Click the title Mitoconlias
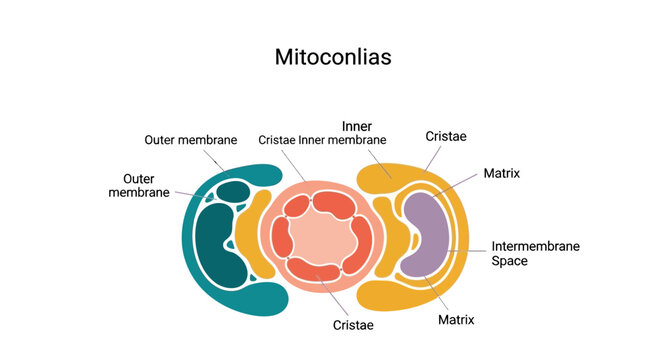(x=333, y=57)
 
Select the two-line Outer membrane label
(x=139, y=185)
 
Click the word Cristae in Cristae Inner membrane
(x=277, y=140)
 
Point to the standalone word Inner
(x=357, y=126)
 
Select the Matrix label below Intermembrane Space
(x=456, y=320)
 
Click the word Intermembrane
(x=536, y=246)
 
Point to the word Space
(x=509, y=261)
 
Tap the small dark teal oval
(x=233, y=191)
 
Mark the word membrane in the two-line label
(x=139, y=192)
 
